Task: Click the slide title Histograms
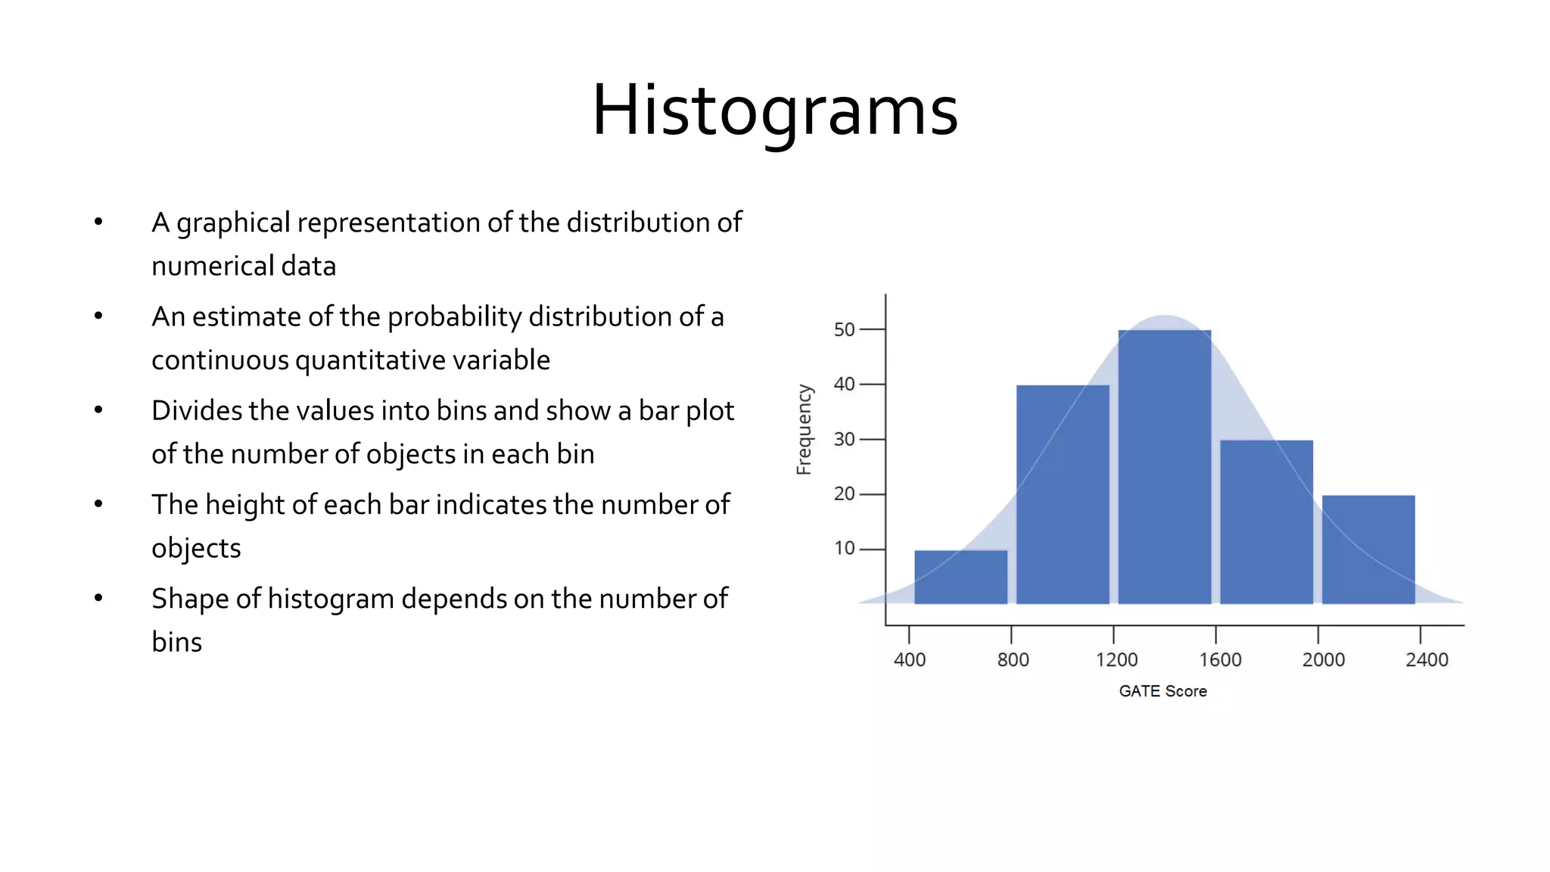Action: pyautogui.click(x=774, y=111)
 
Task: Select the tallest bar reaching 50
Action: pyautogui.click(x=1164, y=467)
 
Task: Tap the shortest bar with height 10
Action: pyautogui.click(x=960, y=577)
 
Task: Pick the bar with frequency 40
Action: pyautogui.click(x=1063, y=494)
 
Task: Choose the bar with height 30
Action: pyautogui.click(x=1266, y=522)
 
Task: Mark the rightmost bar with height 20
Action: pyautogui.click(x=1368, y=550)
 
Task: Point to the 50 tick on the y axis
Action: pyautogui.click(x=844, y=330)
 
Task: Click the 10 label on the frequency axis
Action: pyautogui.click(x=844, y=549)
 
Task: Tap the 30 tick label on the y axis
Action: pyautogui.click(x=844, y=439)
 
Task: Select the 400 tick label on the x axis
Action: pyautogui.click(x=909, y=660)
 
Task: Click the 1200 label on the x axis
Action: pyautogui.click(x=1116, y=660)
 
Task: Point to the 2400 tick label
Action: pyautogui.click(x=1427, y=660)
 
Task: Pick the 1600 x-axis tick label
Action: pyautogui.click(x=1220, y=660)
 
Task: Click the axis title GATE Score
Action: pyautogui.click(x=1162, y=691)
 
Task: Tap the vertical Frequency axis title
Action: pyautogui.click(x=804, y=429)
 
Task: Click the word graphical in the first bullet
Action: pyautogui.click(x=233, y=223)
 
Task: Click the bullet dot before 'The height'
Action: pyautogui.click(x=98, y=504)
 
